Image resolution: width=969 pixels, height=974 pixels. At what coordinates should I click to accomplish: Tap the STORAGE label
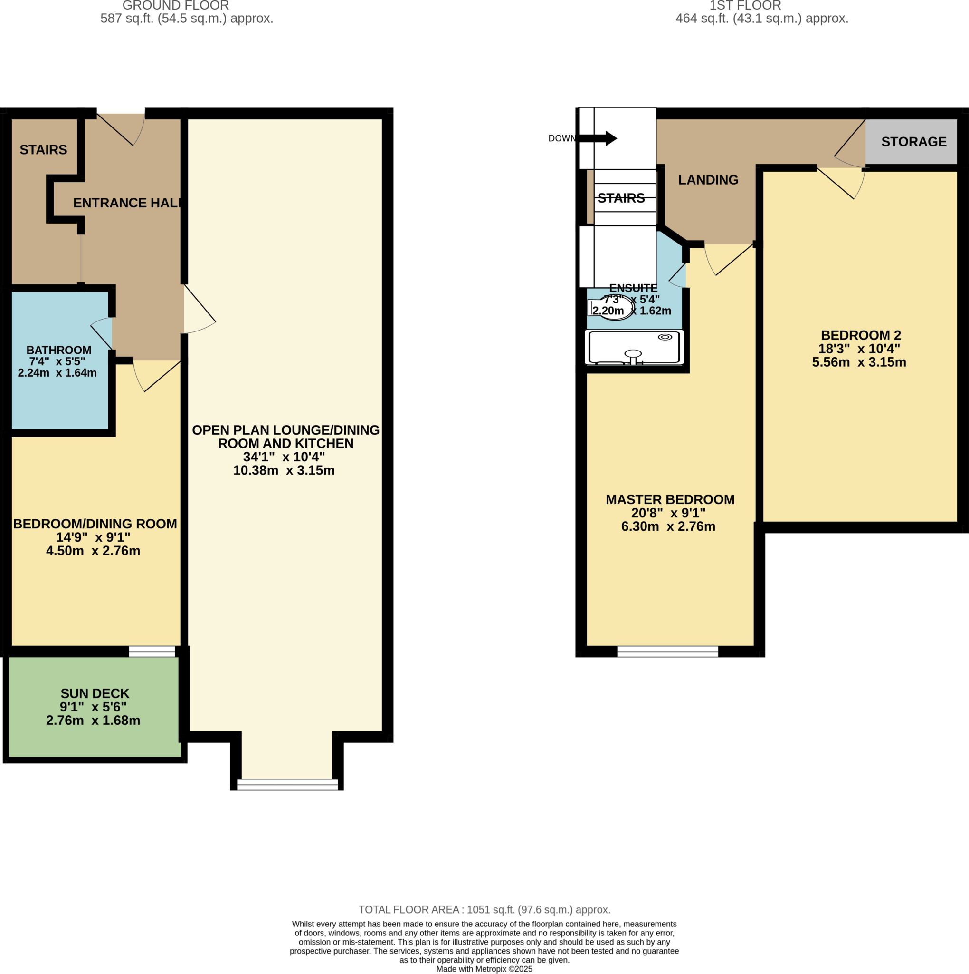tap(913, 142)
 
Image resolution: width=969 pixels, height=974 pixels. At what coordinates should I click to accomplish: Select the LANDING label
tap(708, 180)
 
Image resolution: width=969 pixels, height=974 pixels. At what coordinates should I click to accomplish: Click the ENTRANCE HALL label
tap(127, 203)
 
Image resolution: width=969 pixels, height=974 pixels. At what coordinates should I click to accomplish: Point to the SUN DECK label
tap(95, 694)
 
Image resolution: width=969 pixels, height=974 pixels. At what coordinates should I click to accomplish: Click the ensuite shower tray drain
tap(665, 337)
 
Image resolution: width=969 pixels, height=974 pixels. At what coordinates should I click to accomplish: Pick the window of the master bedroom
tap(667, 652)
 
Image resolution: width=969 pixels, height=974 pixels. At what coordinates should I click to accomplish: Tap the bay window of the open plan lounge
tap(287, 784)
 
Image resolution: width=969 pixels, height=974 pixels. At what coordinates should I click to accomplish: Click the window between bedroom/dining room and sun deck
tap(152, 652)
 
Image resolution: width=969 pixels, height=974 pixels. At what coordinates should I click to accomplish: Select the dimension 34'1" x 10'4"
tap(284, 457)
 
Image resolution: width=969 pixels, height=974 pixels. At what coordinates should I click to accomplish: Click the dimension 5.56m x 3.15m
tap(859, 362)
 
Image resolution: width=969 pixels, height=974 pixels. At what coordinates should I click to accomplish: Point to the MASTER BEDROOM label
tap(669, 500)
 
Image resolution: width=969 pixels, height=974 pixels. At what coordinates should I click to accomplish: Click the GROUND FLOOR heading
tap(175, 6)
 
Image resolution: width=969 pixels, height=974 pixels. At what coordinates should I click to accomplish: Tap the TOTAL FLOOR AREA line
tap(484, 909)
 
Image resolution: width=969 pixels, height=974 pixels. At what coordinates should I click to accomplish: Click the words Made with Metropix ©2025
tap(484, 969)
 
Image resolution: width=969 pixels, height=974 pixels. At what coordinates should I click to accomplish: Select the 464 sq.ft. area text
tap(761, 19)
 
